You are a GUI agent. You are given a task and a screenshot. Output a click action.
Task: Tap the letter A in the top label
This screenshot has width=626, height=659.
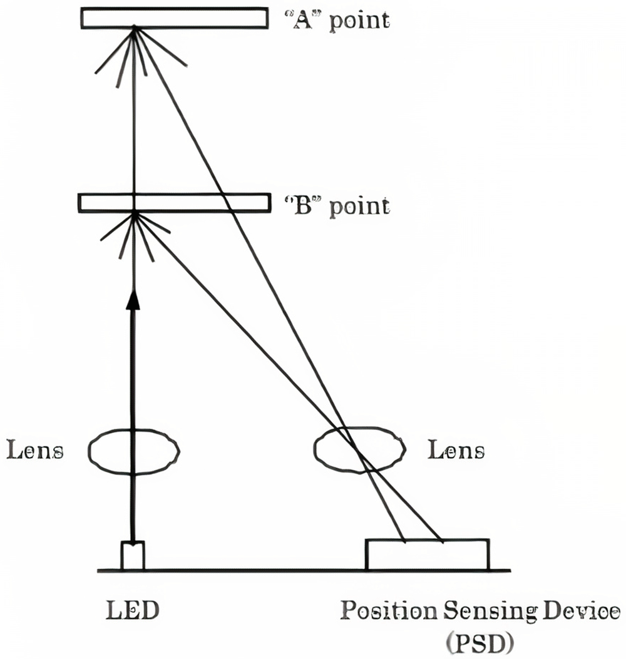coord(302,20)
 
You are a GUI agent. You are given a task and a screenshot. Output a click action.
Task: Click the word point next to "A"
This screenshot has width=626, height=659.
coord(359,22)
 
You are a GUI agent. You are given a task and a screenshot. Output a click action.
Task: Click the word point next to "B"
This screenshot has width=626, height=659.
coord(359,208)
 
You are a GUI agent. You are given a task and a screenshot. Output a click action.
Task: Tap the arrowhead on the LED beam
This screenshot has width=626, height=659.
coord(133,300)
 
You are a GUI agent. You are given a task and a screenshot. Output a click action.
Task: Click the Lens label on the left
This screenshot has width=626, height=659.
coord(35,451)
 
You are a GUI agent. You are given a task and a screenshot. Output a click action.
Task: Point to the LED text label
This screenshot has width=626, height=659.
coord(133,610)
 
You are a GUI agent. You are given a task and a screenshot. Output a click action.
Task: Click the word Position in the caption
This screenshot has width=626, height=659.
coord(389,610)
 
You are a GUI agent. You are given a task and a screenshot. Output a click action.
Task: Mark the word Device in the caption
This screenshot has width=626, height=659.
coord(582,610)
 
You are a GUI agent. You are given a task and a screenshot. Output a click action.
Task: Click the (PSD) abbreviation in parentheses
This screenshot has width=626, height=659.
coord(480,642)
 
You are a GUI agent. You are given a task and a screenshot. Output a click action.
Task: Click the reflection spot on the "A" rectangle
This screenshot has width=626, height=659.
coord(134,28)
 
